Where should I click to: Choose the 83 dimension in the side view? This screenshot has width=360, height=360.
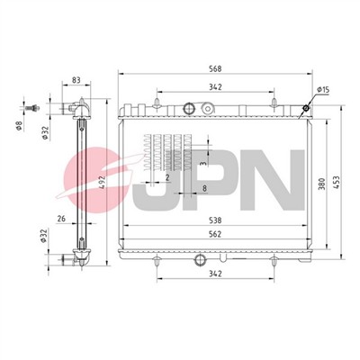point(76,81)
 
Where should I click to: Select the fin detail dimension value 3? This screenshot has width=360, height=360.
point(204,164)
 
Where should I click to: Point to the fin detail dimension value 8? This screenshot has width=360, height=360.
point(204,188)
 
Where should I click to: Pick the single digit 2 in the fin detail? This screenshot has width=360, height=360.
point(167,177)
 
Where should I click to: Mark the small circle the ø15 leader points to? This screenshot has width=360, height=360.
point(306,109)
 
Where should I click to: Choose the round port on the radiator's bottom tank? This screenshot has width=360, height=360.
point(200,261)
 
